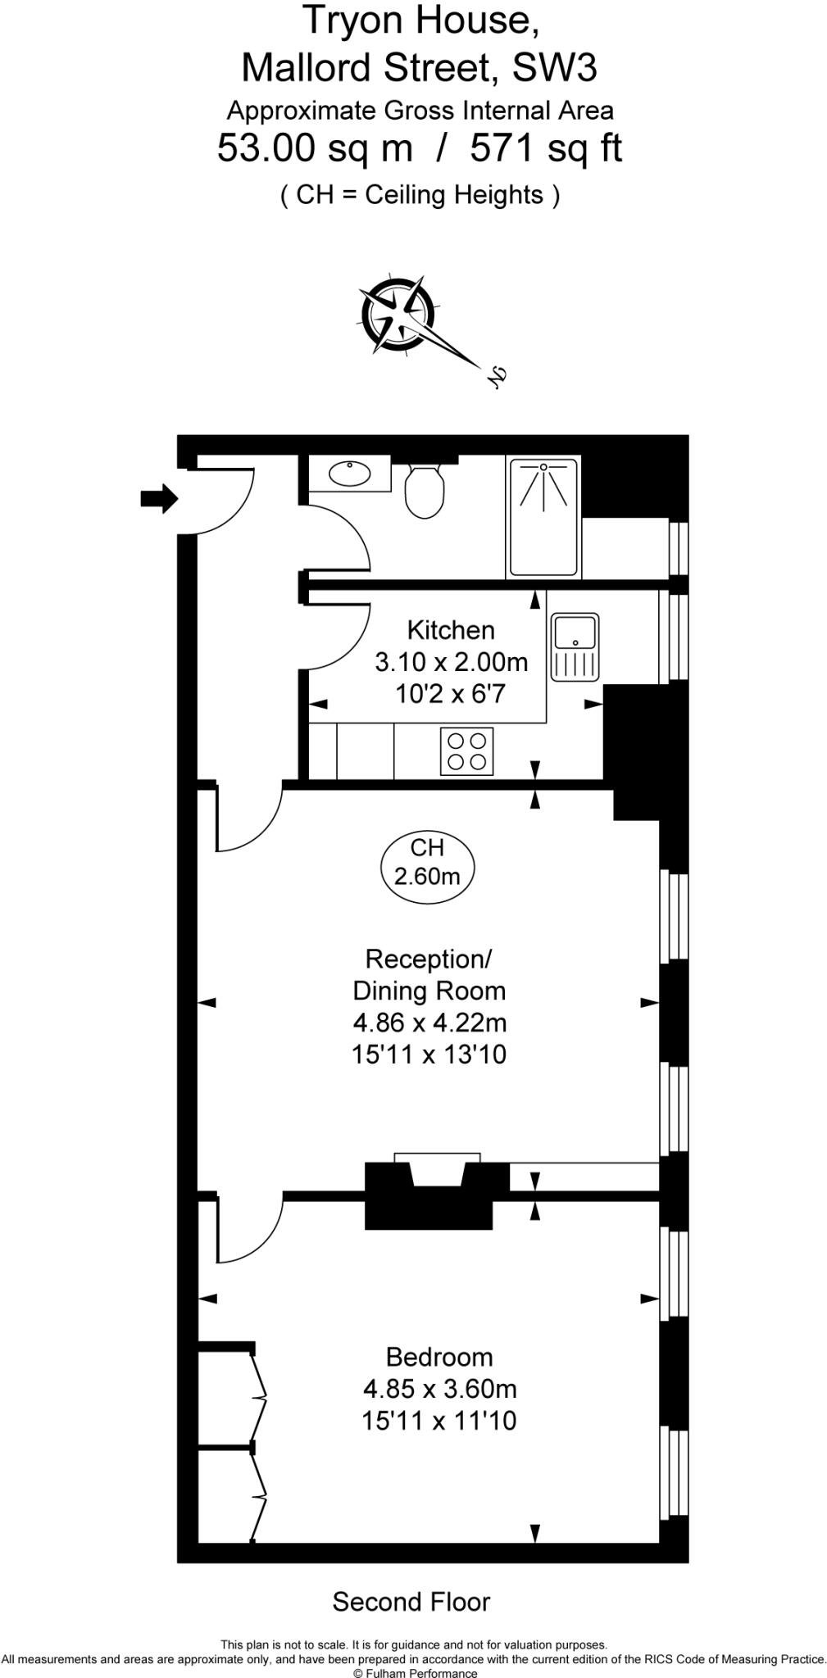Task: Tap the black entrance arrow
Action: click(x=160, y=497)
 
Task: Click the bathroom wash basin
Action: click(x=350, y=474)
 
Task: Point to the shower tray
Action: click(x=543, y=517)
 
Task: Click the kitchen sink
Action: click(x=575, y=647)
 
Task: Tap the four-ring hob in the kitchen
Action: click(x=467, y=751)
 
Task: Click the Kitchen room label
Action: click(x=451, y=630)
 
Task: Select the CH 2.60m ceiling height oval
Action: click(x=427, y=863)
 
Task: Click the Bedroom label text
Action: click(x=439, y=1358)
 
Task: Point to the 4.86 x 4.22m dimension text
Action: click(x=429, y=1023)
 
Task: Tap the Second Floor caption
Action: click(x=411, y=1602)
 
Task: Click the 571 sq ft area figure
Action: click(x=546, y=149)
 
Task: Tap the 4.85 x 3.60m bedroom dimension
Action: click(x=439, y=1389)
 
